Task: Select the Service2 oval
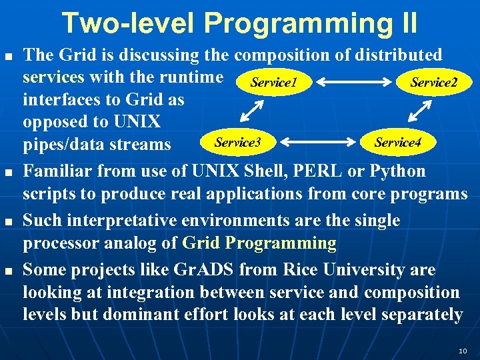433,82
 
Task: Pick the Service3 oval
237,142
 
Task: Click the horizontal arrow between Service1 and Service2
353,83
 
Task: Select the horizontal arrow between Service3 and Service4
318,142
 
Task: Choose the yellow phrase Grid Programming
259,243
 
